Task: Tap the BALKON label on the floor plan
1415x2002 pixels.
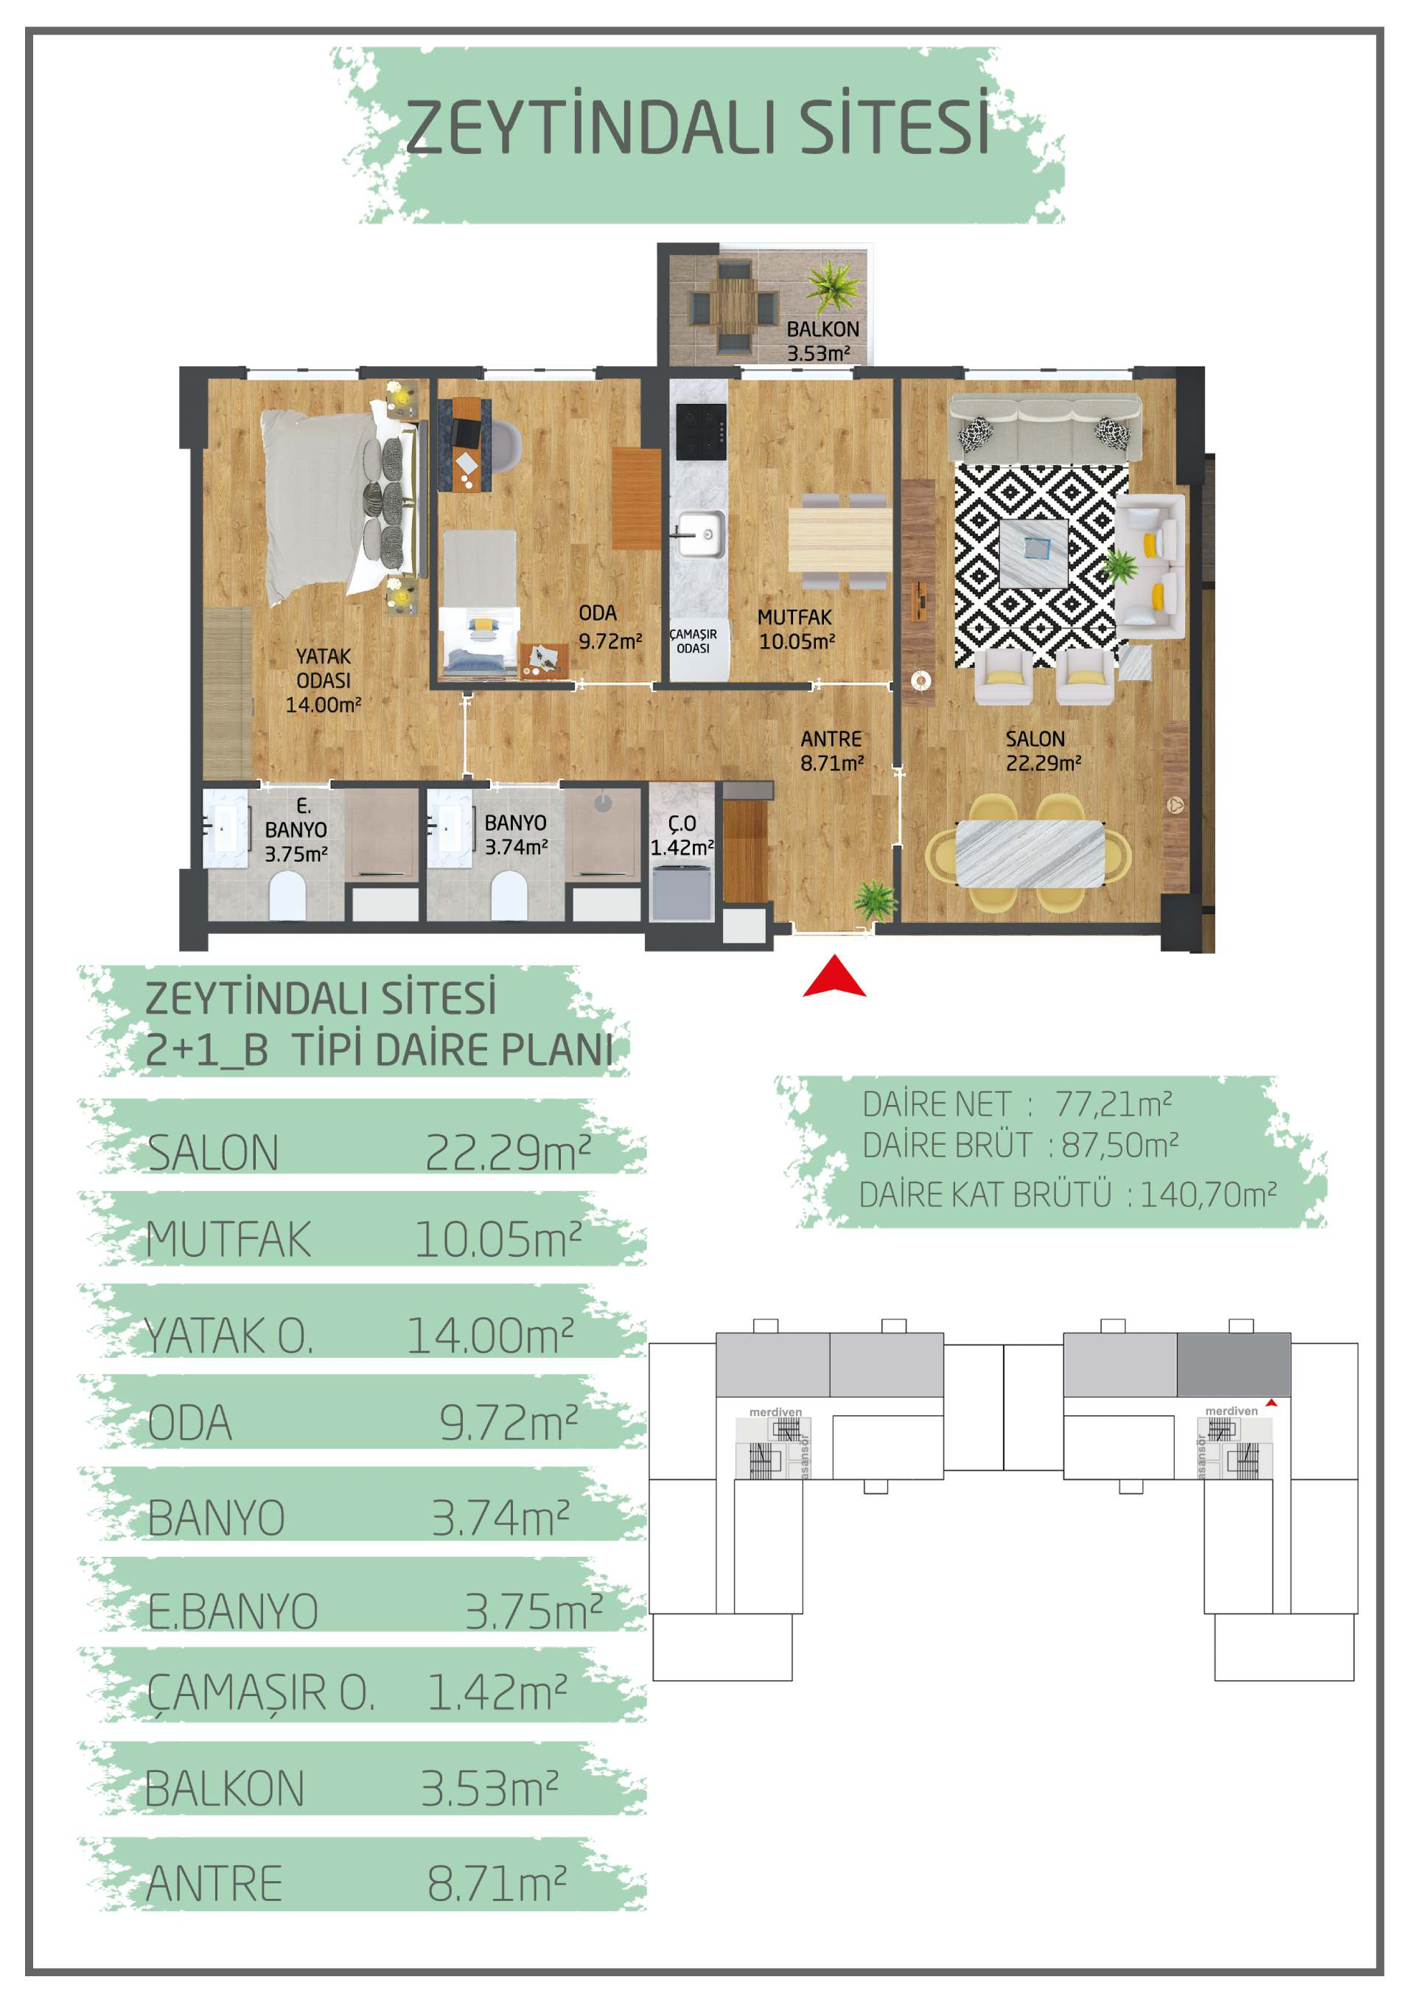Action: click(822, 329)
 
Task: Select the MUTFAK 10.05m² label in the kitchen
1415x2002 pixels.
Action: click(796, 629)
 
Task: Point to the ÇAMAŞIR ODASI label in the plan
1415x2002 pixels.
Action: click(693, 641)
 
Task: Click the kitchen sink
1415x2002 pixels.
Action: click(700, 534)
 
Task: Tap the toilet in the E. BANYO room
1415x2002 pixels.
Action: click(287, 897)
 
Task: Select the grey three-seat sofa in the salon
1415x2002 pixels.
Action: click(1044, 425)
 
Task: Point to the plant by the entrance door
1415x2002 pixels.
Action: click(875, 899)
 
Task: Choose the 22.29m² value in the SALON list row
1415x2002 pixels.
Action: click(509, 1153)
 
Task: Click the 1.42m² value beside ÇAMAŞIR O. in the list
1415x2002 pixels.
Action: click(497, 1692)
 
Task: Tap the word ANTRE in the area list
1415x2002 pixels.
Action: click(214, 1883)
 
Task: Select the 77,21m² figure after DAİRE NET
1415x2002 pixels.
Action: click(1114, 1104)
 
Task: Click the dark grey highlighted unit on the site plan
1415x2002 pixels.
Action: click(1234, 1364)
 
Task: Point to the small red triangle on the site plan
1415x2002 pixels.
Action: click(1272, 1402)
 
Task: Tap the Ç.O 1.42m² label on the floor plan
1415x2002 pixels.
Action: click(682, 835)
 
